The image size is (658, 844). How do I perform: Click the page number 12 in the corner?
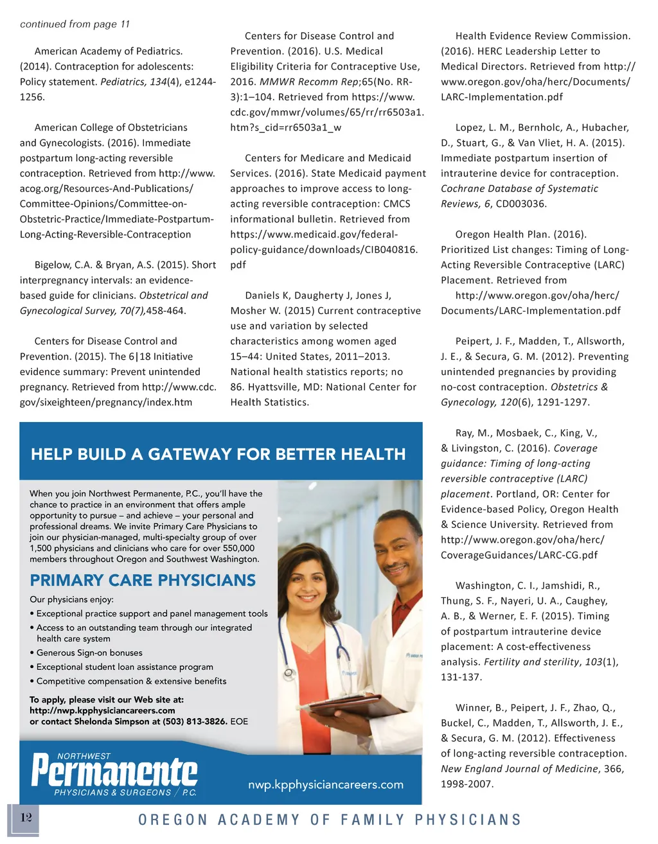click(26, 818)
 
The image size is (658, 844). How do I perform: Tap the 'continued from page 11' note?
click(75, 24)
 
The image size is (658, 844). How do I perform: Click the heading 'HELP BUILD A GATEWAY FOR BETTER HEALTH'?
click(218, 455)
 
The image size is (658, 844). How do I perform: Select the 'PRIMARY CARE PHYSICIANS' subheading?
click(143, 580)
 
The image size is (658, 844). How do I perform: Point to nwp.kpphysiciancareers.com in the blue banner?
click(326, 784)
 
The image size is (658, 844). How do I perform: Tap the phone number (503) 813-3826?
click(191, 721)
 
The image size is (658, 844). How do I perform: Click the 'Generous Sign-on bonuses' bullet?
click(89, 653)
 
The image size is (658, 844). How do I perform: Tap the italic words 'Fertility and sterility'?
click(531, 662)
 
